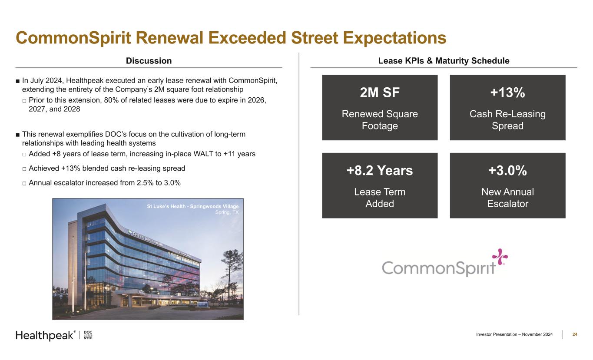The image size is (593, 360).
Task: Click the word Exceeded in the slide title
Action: point(247,38)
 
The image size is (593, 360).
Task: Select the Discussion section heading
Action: point(149,61)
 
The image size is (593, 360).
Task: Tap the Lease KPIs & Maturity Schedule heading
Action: point(444,61)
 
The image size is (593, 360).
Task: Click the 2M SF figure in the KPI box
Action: point(380,92)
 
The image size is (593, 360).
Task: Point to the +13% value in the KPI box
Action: point(507,92)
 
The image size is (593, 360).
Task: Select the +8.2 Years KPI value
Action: point(380,171)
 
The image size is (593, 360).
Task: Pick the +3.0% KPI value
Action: point(507,171)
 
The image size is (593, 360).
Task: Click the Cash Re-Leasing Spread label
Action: point(507,120)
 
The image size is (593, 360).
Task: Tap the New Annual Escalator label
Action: point(507,198)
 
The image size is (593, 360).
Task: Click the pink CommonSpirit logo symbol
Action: point(500,257)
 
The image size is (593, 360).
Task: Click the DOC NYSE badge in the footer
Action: point(88,335)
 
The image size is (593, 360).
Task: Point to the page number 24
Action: point(575,334)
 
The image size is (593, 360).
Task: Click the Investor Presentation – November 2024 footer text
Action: point(514,334)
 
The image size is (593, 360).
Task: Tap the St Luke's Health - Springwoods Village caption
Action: point(193,206)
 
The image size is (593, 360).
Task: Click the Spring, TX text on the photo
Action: point(227,212)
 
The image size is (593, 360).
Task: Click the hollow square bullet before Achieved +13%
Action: point(24,169)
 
